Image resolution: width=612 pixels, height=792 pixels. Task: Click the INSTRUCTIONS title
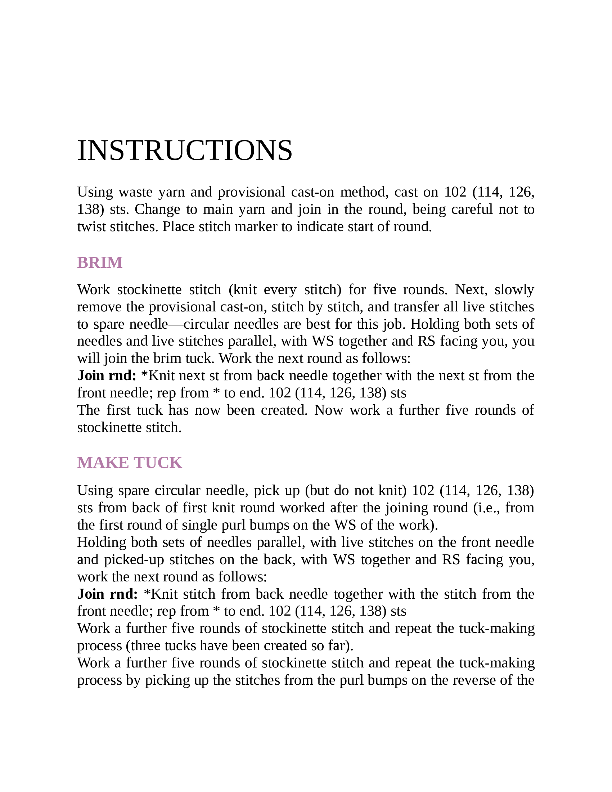(185, 150)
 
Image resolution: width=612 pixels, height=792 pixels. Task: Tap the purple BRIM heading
(100, 262)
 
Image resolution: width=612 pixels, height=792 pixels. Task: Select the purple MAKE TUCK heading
(130, 463)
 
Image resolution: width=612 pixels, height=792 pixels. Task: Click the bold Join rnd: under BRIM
(107, 376)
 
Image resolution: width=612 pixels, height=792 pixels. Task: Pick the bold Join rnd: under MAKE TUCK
(107, 594)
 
